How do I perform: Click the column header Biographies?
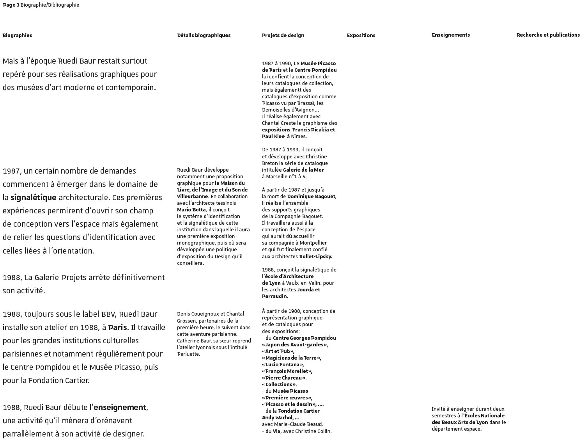(x=17, y=35)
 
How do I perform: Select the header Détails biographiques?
(x=204, y=35)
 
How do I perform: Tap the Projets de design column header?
(x=283, y=35)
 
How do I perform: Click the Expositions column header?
(x=361, y=35)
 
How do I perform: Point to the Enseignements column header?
(x=450, y=35)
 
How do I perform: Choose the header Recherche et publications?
(x=548, y=35)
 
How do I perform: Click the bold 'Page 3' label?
(x=11, y=5)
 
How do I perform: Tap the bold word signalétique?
(x=34, y=197)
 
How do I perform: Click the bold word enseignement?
(x=120, y=407)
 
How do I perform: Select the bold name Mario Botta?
(x=191, y=209)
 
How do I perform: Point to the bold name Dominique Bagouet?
(x=311, y=196)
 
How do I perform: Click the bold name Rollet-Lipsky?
(x=315, y=256)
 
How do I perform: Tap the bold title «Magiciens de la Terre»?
(x=291, y=358)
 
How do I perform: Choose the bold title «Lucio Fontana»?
(x=283, y=364)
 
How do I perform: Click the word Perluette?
(x=188, y=354)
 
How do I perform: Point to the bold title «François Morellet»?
(x=287, y=371)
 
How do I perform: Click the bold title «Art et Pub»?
(x=278, y=351)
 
